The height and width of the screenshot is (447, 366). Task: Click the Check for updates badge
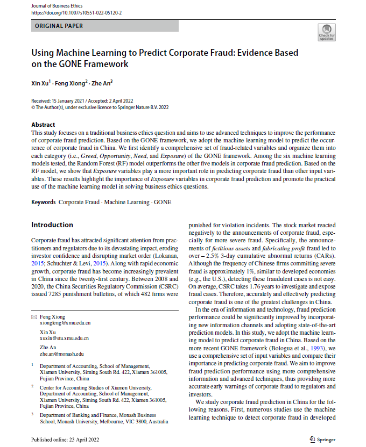tap(327, 33)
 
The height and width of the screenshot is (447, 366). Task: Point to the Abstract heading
tap(43, 125)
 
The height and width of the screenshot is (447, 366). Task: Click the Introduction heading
tap(52, 225)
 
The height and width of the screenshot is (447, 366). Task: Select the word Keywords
tap(43, 202)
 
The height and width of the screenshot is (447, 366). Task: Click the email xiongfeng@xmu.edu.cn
tap(66, 323)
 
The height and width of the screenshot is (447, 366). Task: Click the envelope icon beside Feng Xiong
tap(34, 317)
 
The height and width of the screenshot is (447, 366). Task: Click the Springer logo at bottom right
tap(323, 439)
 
